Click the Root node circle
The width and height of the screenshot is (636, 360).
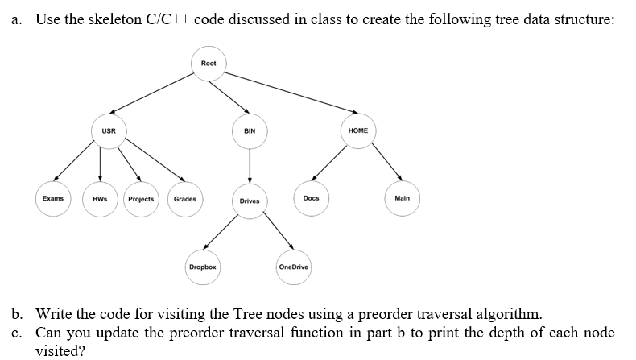(x=208, y=63)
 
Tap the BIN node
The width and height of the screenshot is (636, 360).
(x=250, y=130)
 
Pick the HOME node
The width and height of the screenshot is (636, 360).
(x=358, y=130)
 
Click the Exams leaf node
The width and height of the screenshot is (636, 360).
(x=53, y=198)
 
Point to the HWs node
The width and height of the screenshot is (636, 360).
(x=100, y=199)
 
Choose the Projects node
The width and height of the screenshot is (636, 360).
(x=141, y=199)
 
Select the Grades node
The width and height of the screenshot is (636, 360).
(x=185, y=199)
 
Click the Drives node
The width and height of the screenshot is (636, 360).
(x=250, y=201)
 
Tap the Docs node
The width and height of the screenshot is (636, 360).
(x=312, y=198)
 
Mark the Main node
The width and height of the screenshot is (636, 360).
(x=403, y=198)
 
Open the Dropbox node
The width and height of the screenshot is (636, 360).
(x=202, y=267)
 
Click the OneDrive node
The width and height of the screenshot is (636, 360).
(x=293, y=267)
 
